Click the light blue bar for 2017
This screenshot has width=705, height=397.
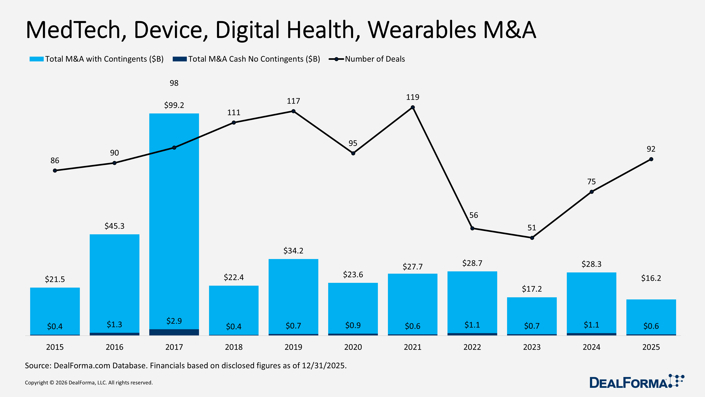pos(174,219)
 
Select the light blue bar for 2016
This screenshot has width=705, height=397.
pos(114,282)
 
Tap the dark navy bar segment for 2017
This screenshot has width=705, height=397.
pos(174,332)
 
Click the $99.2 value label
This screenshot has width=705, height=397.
pos(174,105)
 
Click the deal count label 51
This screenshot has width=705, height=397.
pos(532,228)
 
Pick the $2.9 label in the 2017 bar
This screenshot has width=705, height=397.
pos(174,321)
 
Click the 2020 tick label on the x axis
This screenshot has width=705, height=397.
pos(353,347)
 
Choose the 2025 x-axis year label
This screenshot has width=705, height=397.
pos(651,347)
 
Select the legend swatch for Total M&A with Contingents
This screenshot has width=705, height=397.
pos(36,59)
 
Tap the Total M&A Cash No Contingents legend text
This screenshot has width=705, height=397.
pos(254,59)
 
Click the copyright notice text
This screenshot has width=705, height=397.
pos(89,383)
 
